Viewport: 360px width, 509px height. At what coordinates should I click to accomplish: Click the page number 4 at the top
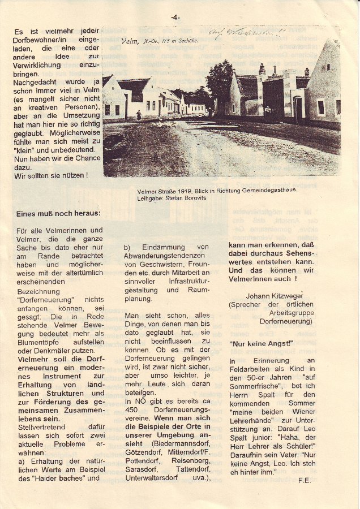(x=175, y=18)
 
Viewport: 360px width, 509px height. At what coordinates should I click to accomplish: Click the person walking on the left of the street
(x=139, y=115)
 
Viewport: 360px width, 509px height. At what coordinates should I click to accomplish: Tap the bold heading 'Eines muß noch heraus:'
(x=59, y=213)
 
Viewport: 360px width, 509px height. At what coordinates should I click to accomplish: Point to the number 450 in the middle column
(x=132, y=409)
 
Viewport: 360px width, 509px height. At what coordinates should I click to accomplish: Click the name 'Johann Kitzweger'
(x=275, y=295)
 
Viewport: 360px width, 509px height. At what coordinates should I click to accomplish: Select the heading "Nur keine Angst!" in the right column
(x=262, y=343)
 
